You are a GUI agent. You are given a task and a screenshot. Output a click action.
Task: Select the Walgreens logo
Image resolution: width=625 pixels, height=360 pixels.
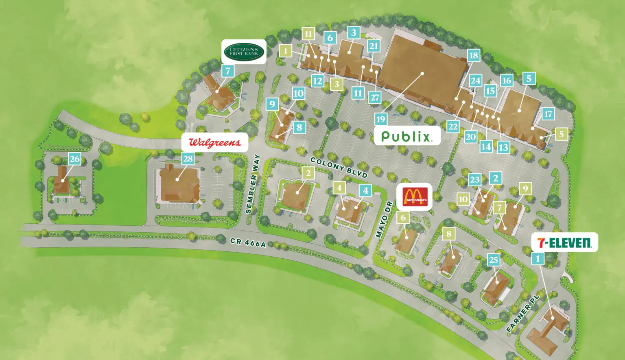tap(214, 142)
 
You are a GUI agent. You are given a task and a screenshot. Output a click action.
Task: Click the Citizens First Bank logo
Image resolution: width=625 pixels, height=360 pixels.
tap(244, 52)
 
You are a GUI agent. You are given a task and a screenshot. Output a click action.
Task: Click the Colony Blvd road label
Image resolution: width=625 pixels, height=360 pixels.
tap(339, 167)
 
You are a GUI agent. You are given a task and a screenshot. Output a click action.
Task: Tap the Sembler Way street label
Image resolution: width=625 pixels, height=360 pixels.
tap(252, 184)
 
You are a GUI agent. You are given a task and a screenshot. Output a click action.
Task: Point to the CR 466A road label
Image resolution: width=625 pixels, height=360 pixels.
tap(248, 242)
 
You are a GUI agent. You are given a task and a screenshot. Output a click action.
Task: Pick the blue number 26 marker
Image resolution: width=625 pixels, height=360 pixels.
tap(74, 159)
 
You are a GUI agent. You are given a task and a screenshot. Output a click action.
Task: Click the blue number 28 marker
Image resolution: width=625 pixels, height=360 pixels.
tap(188, 159)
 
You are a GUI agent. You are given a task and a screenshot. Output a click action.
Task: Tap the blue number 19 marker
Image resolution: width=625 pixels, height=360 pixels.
tap(381, 119)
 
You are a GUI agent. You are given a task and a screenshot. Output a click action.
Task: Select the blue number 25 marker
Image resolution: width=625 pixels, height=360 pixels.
tap(494, 260)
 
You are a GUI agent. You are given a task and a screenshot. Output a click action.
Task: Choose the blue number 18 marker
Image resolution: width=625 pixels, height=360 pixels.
tap(474, 55)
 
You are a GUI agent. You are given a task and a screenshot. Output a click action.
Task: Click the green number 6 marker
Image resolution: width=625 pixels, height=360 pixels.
tap(403, 218)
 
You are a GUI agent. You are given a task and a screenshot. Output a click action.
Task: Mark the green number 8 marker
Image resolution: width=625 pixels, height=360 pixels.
tap(449, 233)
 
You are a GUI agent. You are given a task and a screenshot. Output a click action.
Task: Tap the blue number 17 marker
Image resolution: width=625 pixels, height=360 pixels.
tap(548, 114)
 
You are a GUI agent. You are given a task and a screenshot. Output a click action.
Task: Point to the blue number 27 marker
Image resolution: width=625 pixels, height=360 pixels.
tap(375, 98)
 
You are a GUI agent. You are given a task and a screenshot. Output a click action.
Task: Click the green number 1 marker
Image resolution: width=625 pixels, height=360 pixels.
tap(286, 51)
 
